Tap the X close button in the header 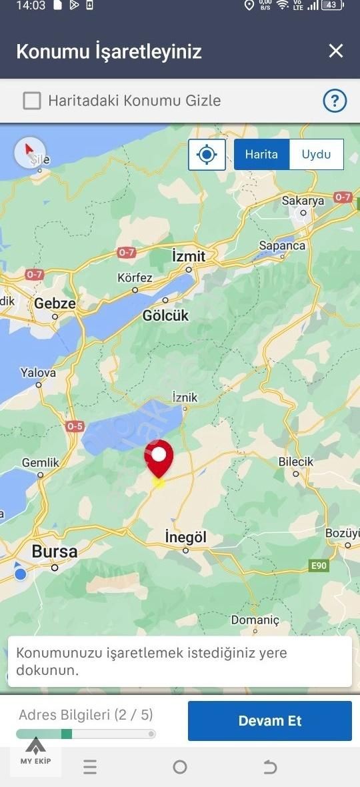[336, 51]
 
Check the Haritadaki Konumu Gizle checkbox [32, 101]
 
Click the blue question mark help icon [335, 101]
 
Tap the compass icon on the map [30, 153]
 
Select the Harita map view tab [261, 154]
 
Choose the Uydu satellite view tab [316, 154]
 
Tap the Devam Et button [269, 720]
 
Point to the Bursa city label [55, 552]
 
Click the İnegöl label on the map [185, 537]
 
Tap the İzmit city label [189, 256]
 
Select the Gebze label [55, 303]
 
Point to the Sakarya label [303, 201]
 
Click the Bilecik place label [296, 462]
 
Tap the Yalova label [38, 373]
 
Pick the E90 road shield [319, 566]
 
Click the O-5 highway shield [75, 426]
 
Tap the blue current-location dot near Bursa [21, 574]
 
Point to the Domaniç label [255, 620]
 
